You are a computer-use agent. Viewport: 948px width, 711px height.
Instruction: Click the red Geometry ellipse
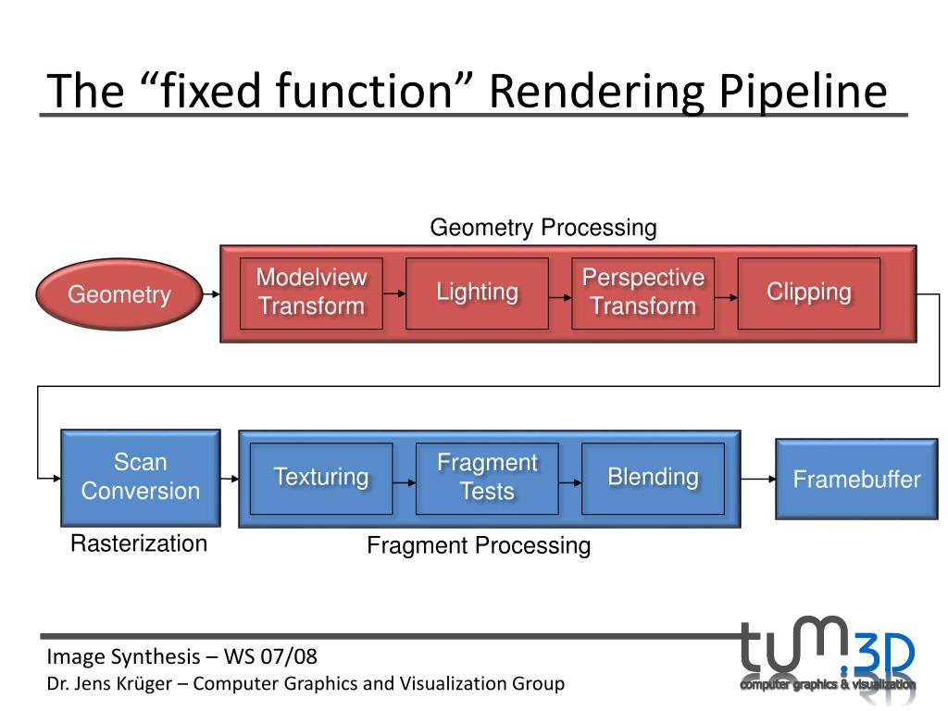click(x=119, y=294)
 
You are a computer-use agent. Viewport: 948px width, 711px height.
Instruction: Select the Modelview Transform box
click(x=311, y=293)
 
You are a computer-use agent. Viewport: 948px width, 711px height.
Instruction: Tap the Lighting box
click(x=477, y=293)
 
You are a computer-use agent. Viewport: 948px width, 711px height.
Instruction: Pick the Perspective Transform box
click(x=642, y=293)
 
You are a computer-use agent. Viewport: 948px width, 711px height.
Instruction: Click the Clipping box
click(x=809, y=293)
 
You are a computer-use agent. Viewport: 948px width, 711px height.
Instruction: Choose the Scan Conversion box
click(x=141, y=478)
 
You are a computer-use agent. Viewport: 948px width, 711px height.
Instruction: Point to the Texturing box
click(x=321, y=479)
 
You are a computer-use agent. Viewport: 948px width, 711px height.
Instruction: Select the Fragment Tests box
click(x=487, y=479)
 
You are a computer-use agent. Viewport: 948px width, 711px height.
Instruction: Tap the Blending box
click(x=653, y=479)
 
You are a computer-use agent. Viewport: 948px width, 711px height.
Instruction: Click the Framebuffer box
click(x=856, y=480)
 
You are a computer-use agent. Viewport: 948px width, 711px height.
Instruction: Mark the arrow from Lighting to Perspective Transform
click(x=560, y=297)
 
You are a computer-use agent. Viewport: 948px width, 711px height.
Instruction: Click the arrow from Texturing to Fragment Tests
click(x=404, y=482)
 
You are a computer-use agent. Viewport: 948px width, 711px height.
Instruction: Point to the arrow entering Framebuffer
click(x=758, y=479)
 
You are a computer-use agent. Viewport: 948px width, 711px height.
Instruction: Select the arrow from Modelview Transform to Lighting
click(x=394, y=293)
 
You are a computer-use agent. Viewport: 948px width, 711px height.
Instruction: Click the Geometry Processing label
click(x=543, y=228)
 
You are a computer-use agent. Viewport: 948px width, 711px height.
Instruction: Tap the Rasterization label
click(x=139, y=543)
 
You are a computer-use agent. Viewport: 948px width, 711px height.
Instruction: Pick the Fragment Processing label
click(x=479, y=546)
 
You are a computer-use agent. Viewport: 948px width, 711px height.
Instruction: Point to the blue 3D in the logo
click(x=884, y=655)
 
